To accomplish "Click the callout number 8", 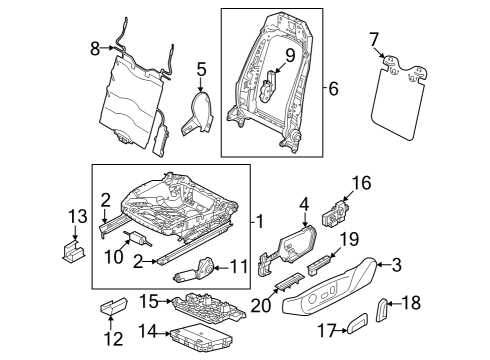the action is coord(95,49).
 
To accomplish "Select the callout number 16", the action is coord(361,183).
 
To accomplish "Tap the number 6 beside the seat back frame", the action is coord(333,89).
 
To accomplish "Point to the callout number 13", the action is coord(78,216).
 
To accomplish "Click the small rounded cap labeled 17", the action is coord(357,323).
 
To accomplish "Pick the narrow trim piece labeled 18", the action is coord(381,310).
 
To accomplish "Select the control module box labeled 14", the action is coord(201,337).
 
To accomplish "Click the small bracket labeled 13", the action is coord(73,251).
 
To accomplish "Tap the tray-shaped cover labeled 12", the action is coord(114,306).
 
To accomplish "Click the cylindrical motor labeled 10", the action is coord(137,238).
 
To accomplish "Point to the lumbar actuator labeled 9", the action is coord(268,87).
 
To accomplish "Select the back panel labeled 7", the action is coord(399,98).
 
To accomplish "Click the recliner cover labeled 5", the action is coord(197,113).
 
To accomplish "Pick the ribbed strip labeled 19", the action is coord(319,265).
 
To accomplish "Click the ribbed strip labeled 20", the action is coord(289,282).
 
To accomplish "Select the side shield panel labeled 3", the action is coord(330,286).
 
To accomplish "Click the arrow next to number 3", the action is coord(384,265).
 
